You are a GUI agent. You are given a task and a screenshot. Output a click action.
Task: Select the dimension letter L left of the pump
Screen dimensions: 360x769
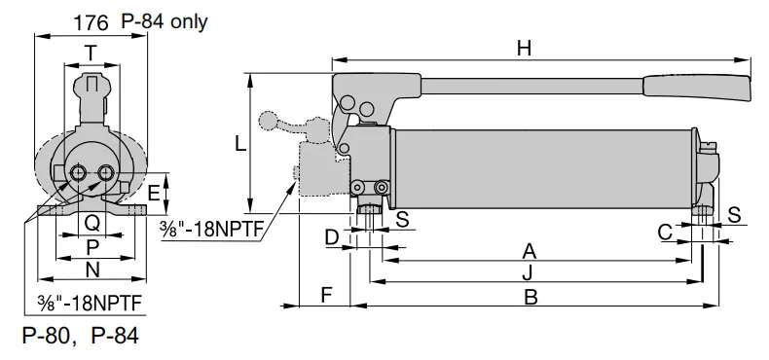coord(239,143)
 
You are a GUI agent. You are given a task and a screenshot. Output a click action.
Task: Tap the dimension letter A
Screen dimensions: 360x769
coord(529,250)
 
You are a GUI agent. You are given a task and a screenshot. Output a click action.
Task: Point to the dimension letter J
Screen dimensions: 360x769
coord(526,270)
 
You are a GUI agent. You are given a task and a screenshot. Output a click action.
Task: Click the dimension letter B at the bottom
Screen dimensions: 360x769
coord(531,297)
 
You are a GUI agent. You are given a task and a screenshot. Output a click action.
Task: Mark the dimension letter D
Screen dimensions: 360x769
coord(332,236)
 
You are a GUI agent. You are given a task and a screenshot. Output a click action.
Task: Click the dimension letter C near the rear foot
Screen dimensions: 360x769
coord(665,233)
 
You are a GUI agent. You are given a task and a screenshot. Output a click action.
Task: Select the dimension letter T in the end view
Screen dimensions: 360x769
coord(91,54)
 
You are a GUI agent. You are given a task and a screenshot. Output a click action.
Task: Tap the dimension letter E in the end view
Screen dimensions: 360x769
coord(153,193)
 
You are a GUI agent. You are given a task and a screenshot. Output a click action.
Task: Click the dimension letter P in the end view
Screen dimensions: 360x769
coord(92,246)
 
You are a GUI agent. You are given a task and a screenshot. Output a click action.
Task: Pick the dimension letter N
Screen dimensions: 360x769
coord(92,270)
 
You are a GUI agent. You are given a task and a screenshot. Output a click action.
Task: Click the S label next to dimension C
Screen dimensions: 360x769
coord(734,214)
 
